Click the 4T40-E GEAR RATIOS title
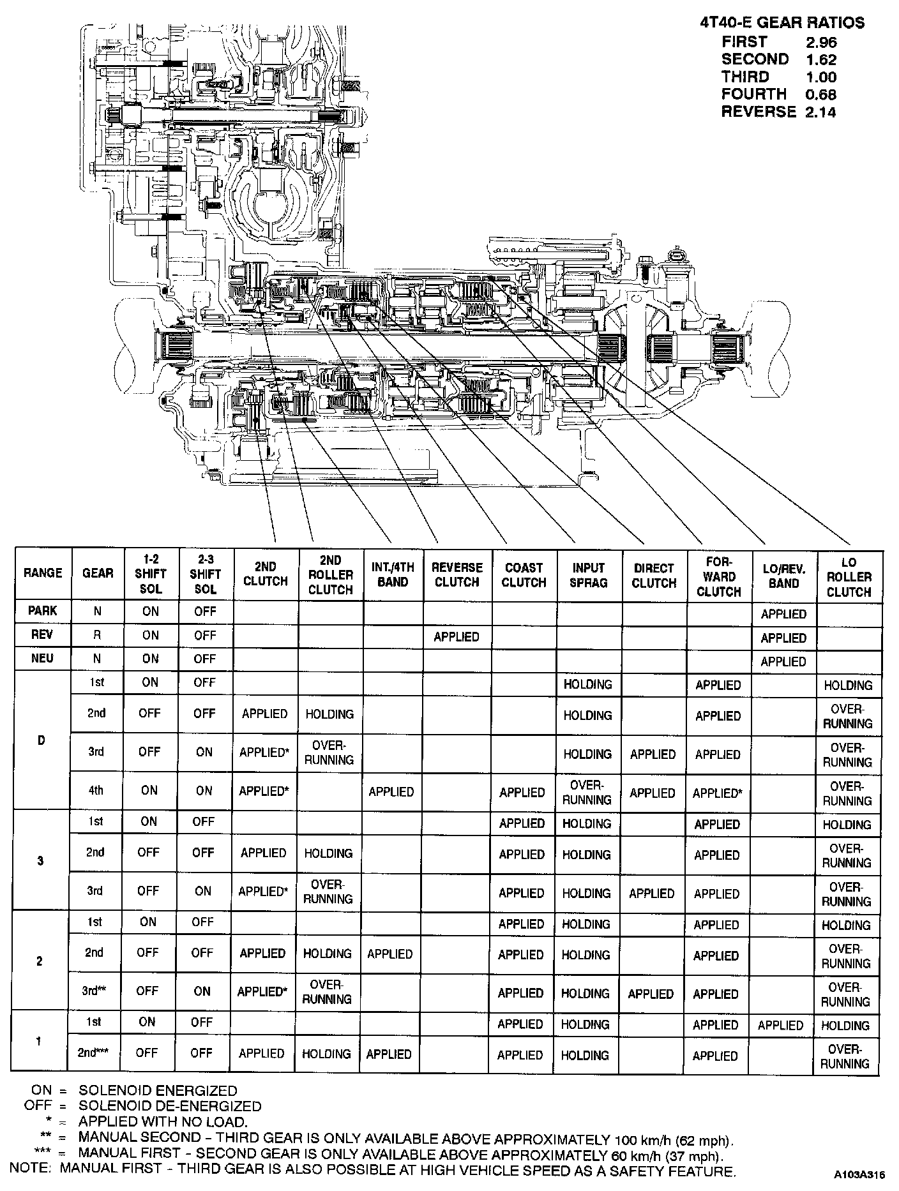tap(782, 23)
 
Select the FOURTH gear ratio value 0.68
tap(820, 94)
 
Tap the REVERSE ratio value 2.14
tap(820, 112)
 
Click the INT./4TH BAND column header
tap(393, 574)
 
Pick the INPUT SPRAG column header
tap(588, 574)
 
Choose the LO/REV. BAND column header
tap(784, 575)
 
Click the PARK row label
tap(43, 611)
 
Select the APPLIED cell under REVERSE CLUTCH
tap(457, 636)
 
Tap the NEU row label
tap(42, 658)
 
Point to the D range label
tap(42, 740)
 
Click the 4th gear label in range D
tap(96, 790)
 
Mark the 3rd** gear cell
tap(93, 991)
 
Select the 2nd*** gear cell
tap(93, 1053)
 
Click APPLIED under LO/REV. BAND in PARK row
tap(783, 614)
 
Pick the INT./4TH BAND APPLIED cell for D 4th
tap(391, 791)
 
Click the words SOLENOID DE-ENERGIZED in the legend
tap(170, 1105)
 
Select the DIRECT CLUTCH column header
tap(654, 575)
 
